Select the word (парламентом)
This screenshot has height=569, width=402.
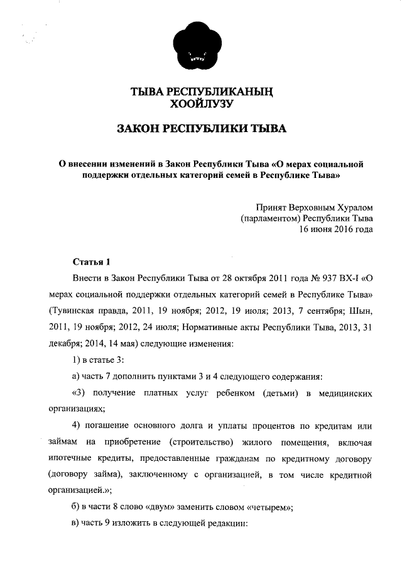(x=270, y=218)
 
